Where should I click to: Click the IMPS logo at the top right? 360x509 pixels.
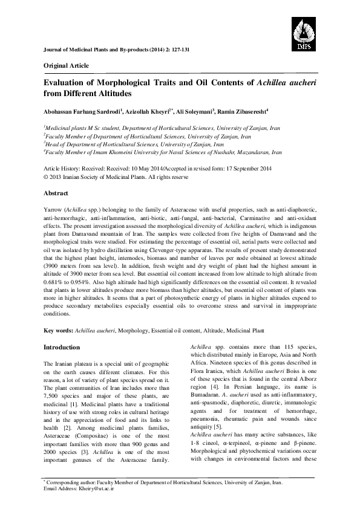tap(307, 32)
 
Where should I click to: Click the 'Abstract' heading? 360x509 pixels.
tap(55, 193)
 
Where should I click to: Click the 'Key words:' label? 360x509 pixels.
tap(59, 331)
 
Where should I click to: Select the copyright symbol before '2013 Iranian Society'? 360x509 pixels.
tap(47, 178)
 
